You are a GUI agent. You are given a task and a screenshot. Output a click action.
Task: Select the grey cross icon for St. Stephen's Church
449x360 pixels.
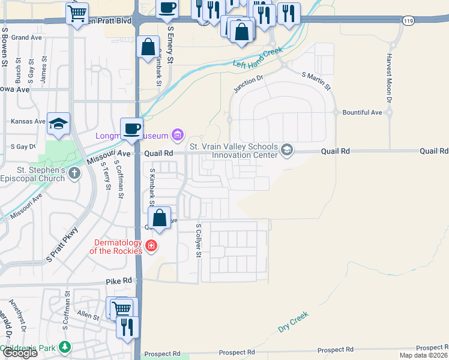(74, 174)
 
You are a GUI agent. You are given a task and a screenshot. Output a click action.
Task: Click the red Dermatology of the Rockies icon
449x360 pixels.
(151, 245)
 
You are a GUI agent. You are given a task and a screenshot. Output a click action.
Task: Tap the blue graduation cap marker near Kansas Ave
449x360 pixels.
(58, 123)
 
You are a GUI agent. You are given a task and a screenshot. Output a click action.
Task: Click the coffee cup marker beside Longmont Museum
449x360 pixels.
(131, 128)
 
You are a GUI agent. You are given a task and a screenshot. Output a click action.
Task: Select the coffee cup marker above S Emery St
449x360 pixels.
(167, 8)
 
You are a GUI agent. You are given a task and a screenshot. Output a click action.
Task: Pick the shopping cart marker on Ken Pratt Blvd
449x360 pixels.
(77, 13)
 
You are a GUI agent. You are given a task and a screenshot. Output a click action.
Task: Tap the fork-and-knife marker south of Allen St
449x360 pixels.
(127, 326)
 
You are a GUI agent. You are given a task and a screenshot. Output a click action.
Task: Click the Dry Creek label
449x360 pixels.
(293, 322)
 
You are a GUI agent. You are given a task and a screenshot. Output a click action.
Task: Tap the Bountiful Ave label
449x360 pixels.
(362, 112)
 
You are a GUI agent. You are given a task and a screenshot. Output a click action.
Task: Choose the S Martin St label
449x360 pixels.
(316, 81)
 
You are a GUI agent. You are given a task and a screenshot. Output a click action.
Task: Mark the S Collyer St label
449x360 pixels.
(199, 241)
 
